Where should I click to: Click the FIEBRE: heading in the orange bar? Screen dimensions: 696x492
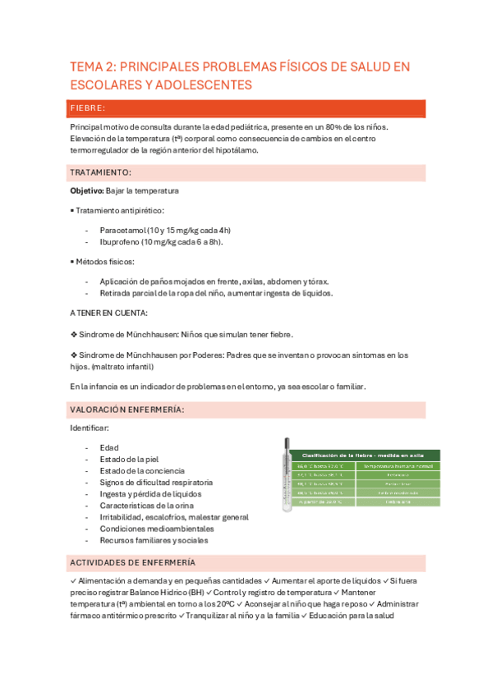click(x=87, y=108)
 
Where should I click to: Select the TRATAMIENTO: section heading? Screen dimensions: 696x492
click(x=100, y=172)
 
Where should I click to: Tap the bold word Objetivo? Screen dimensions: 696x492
click(x=87, y=190)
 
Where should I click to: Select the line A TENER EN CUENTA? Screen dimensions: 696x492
click(x=108, y=314)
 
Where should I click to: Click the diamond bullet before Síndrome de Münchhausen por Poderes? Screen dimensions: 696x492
click(x=74, y=355)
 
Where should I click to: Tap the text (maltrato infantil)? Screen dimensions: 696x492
click(x=123, y=366)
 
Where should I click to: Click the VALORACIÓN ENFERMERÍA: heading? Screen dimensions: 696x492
click(x=126, y=409)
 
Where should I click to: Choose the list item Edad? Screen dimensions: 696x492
click(x=109, y=447)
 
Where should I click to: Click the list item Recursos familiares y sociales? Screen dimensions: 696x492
click(x=154, y=540)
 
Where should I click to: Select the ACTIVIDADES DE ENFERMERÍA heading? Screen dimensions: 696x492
click(x=132, y=562)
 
